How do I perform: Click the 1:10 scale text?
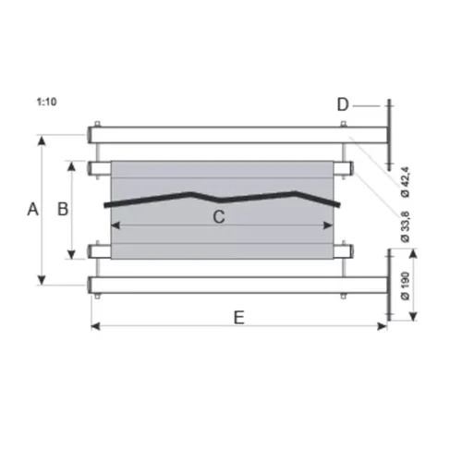point(47,102)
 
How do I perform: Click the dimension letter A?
point(32,210)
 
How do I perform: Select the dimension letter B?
point(63,209)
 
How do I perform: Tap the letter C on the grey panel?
point(219,217)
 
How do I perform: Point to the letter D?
point(343,104)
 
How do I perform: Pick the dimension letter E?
point(239,318)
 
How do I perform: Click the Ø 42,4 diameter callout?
point(405,182)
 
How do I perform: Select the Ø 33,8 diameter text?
point(405,226)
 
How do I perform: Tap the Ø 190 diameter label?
point(406,286)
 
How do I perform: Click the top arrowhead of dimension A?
point(42,140)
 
